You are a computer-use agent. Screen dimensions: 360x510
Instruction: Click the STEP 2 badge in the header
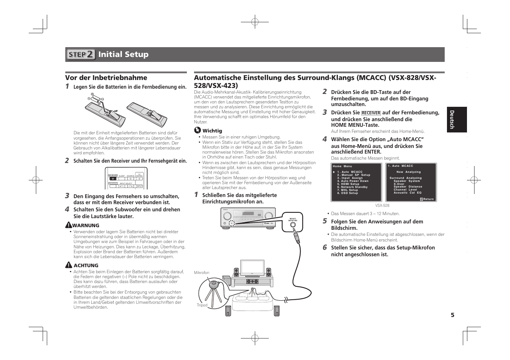click(81, 54)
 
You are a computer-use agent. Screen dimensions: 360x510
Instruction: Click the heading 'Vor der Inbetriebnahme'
click(106, 78)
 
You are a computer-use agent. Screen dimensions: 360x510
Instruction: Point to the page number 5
click(452, 315)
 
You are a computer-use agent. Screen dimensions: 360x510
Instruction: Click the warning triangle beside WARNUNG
click(68, 225)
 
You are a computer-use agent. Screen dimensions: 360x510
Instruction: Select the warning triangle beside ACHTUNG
click(68, 265)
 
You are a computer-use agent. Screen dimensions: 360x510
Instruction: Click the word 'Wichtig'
click(212, 131)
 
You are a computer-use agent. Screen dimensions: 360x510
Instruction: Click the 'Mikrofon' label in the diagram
click(202, 272)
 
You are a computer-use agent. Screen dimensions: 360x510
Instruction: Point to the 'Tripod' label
click(202, 305)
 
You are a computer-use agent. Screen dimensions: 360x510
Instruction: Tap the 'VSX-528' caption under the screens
click(382, 206)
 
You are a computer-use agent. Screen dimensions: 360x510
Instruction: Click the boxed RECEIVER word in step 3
click(371, 113)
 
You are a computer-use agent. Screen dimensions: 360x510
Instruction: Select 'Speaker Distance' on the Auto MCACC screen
click(408, 187)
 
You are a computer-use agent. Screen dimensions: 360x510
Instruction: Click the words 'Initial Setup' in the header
click(123, 54)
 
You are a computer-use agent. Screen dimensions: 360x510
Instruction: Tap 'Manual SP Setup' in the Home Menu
click(354, 175)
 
